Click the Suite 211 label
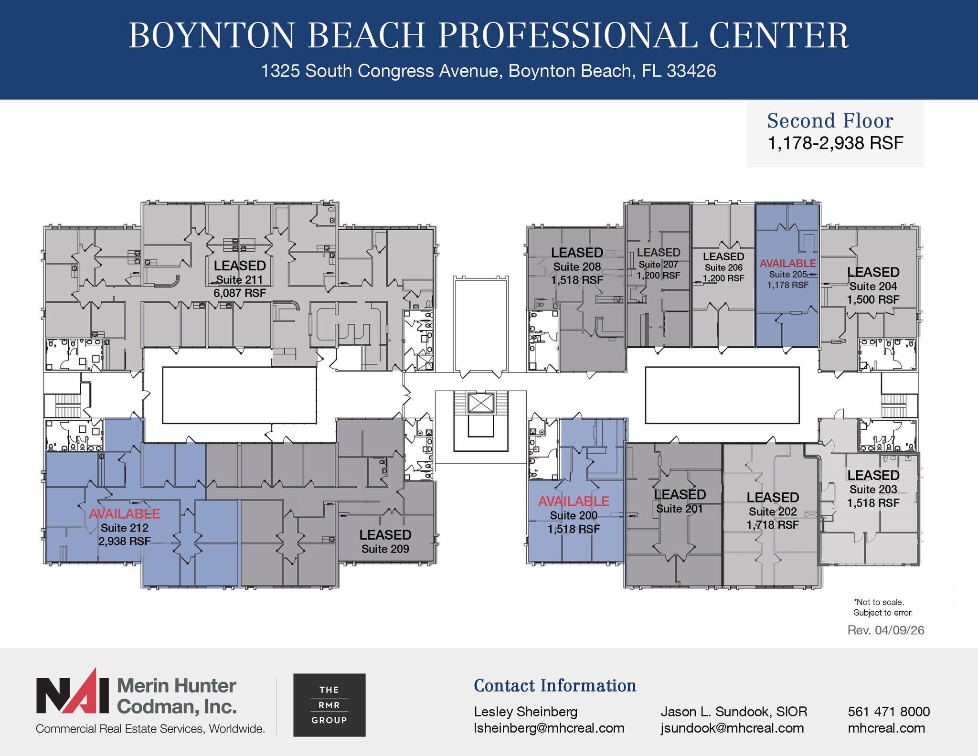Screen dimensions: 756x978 [x=239, y=279]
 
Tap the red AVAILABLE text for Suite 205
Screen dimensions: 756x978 [x=787, y=263]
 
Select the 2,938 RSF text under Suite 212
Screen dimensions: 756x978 [x=125, y=541]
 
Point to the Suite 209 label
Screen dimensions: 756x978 [x=385, y=549]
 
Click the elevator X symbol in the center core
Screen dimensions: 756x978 [x=480, y=403]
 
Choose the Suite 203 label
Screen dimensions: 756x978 [x=873, y=489]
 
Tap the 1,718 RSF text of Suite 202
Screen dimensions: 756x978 [x=772, y=525]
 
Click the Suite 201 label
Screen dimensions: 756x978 [x=679, y=509]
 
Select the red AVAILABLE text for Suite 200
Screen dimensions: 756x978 [x=574, y=501]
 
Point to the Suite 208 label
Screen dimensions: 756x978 [x=577, y=266]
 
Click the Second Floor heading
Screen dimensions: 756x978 [x=830, y=121]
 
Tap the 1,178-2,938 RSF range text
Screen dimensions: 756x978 [x=835, y=143]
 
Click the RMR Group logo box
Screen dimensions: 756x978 [x=329, y=705]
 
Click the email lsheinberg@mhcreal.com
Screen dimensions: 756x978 [x=549, y=728]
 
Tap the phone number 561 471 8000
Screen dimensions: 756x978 [x=889, y=712]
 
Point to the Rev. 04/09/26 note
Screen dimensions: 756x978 [x=885, y=630]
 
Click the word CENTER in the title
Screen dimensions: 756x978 [x=778, y=36]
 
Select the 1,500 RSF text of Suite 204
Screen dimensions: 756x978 [x=873, y=299]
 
